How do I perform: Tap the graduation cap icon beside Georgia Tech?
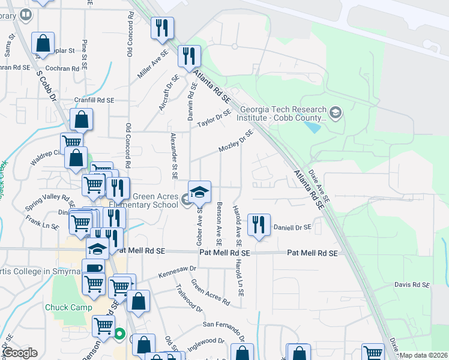[x=335, y=112]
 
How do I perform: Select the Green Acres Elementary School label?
[x=155, y=200]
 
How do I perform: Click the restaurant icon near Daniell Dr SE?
[x=259, y=226]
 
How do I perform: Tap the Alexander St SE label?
[x=175, y=157]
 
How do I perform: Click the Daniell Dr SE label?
[x=292, y=227]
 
